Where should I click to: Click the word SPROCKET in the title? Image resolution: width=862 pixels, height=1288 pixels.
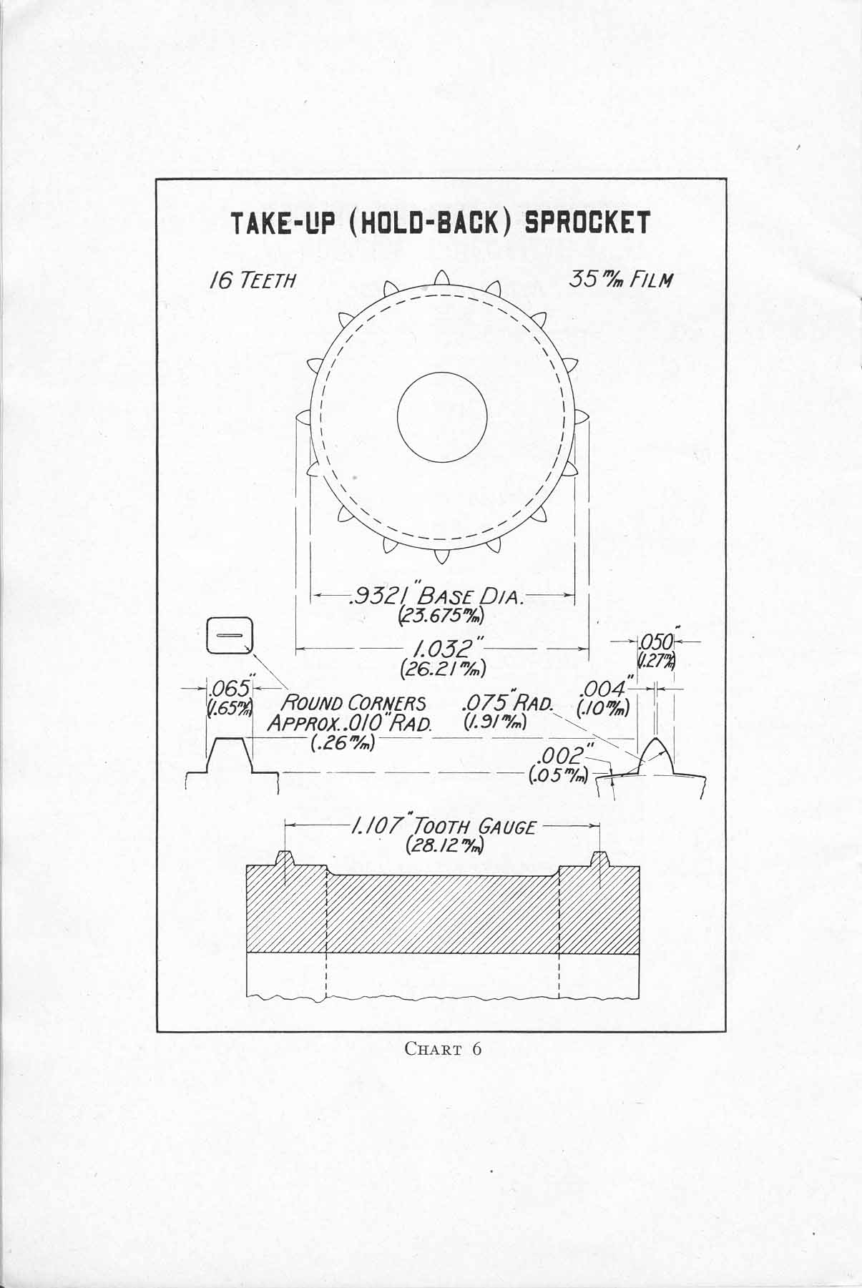[587, 223]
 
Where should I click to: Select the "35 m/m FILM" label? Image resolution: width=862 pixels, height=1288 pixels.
[621, 279]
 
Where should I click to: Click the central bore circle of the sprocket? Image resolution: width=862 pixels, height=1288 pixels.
[442, 416]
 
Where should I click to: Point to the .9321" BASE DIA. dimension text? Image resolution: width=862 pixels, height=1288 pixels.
[437, 596]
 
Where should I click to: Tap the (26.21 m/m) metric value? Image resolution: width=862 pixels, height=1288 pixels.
[444, 669]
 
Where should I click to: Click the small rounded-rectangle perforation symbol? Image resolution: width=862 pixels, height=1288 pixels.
[230, 635]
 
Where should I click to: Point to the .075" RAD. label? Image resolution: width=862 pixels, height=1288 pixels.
[509, 702]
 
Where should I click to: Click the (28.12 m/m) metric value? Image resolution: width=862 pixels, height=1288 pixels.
[444, 846]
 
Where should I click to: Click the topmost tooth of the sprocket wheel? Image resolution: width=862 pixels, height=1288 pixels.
[442, 279]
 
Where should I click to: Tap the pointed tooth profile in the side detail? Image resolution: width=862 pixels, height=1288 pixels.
[656, 756]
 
